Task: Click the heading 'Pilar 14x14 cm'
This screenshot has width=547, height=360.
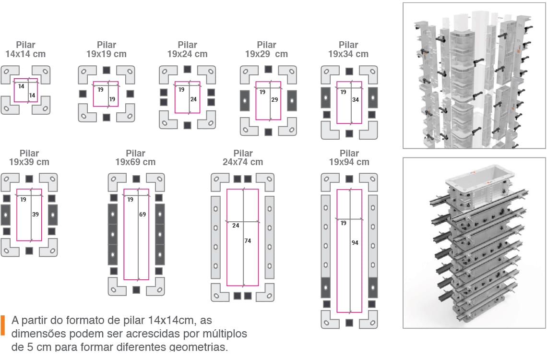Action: click(x=25, y=49)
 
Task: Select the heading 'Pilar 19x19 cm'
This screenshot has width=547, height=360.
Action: click(x=107, y=49)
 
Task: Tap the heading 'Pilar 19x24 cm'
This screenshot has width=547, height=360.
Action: click(x=187, y=49)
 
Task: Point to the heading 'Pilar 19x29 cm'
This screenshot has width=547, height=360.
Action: click(x=266, y=49)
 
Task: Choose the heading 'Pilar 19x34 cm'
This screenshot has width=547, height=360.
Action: click(x=348, y=49)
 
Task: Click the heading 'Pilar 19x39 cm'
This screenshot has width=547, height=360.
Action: click(x=29, y=157)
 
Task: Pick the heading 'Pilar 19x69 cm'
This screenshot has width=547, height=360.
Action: click(x=136, y=157)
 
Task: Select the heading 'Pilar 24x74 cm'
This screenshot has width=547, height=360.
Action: click(x=243, y=157)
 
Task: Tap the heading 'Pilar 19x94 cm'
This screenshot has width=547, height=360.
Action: click(x=349, y=157)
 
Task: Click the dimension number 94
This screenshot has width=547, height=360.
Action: click(x=355, y=243)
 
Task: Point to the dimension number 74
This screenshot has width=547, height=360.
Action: click(x=248, y=240)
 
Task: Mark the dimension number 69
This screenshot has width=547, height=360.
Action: click(x=143, y=214)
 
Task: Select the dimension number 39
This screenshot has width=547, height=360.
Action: click(x=36, y=214)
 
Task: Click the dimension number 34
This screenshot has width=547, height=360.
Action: click(x=356, y=100)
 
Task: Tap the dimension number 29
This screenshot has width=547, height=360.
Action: click(x=274, y=100)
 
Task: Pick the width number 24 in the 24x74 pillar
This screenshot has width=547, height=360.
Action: click(x=236, y=226)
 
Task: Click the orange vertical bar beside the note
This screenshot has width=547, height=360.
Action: click(x=3, y=325)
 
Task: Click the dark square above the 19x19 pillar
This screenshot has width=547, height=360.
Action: click(x=107, y=70)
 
